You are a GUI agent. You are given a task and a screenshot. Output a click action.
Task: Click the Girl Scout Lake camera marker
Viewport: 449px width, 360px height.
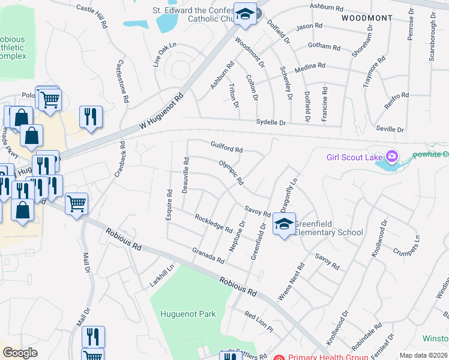[x=392, y=157]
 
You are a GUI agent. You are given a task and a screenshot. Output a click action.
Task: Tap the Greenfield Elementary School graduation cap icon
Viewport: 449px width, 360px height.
[x=283, y=225]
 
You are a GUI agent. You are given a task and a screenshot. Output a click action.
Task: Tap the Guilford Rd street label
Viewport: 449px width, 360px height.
[x=226, y=146]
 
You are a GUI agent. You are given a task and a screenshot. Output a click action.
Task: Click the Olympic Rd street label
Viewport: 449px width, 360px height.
[x=231, y=172]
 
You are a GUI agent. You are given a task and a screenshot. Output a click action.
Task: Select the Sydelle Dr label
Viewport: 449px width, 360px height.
[x=271, y=122]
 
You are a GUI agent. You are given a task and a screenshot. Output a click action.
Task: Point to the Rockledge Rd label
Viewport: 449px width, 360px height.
[x=213, y=223]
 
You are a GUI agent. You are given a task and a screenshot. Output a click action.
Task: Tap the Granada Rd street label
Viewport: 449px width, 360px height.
[x=208, y=256]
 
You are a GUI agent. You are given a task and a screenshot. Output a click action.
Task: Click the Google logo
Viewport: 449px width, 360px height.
[x=20, y=353]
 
